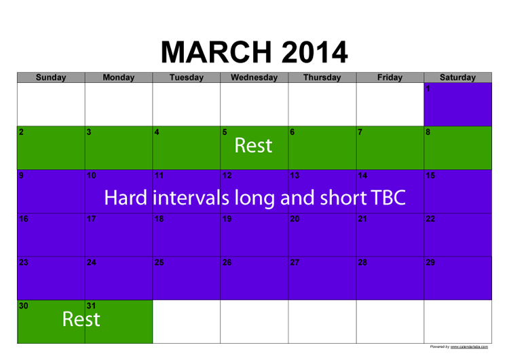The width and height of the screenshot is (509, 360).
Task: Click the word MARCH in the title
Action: click(216, 52)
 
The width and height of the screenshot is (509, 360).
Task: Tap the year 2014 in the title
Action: click(314, 52)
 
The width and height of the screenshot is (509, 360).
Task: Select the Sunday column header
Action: click(51, 77)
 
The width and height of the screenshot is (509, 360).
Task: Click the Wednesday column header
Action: click(254, 77)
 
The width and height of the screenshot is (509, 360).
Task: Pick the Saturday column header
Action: click(457, 77)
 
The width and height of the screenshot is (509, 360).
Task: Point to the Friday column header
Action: click(390, 77)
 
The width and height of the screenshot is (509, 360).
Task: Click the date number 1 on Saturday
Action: click(428, 89)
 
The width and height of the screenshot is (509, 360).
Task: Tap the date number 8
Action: click(428, 132)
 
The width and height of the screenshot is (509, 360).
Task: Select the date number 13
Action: click(295, 176)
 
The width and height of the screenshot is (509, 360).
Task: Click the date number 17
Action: click(91, 219)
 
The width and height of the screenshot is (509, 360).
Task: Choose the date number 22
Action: click(430, 219)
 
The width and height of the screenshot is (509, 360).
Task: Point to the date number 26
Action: click(227, 262)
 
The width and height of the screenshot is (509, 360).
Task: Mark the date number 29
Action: click(430, 262)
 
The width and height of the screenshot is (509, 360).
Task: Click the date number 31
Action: click(91, 306)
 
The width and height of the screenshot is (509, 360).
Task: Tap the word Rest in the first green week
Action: click(253, 145)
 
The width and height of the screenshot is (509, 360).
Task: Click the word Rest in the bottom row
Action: click(81, 319)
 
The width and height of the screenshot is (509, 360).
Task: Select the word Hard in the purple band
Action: click(126, 198)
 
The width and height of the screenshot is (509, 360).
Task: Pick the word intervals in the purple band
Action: click(191, 198)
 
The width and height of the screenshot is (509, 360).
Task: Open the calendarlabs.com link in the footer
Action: click(469, 347)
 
